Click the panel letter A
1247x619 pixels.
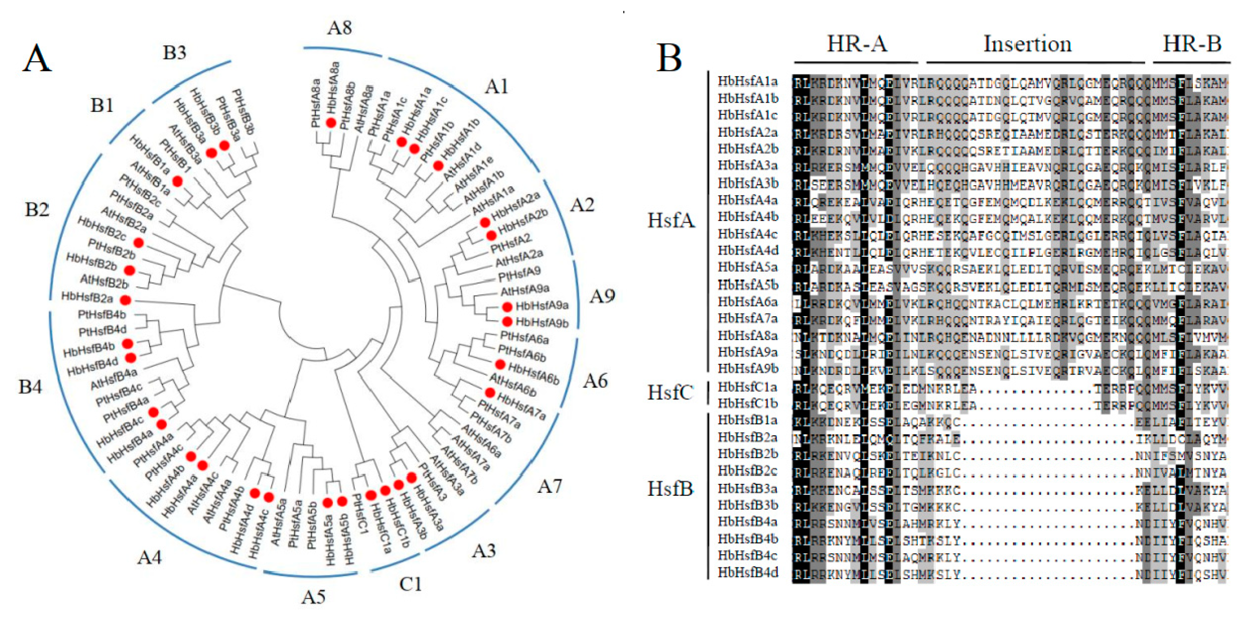click(x=37, y=59)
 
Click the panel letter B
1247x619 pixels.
click(x=669, y=58)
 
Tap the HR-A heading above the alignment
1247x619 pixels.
click(x=857, y=44)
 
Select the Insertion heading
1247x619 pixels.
click(x=1027, y=44)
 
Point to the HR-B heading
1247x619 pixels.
click(x=1192, y=44)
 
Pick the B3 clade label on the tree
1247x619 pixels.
click(x=174, y=53)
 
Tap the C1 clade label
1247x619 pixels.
click(x=410, y=584)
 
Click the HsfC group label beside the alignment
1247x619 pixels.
click(x=670, y=393)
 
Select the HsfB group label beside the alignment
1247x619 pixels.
click(x=670, y=489)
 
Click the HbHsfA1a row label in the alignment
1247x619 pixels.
click(x=748, y=81)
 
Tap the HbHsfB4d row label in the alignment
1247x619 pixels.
click(x=748, y=573)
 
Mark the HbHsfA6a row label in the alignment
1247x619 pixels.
click(x=748, y=302)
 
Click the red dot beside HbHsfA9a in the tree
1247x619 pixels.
click(x=507, y=307)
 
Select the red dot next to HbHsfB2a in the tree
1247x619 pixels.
click(x=125, y=300)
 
